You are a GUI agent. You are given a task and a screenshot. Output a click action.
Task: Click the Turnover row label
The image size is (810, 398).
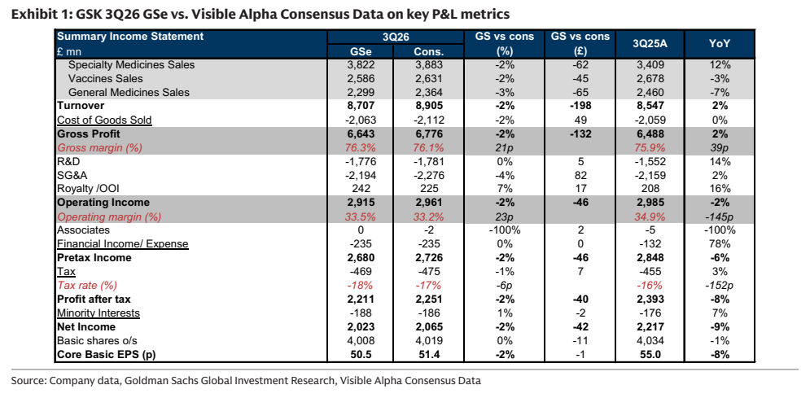click(81, 106)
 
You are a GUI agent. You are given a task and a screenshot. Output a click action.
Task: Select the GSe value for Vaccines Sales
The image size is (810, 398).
click(360, 79)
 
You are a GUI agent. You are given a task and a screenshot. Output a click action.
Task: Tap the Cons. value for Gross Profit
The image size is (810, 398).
click(428, 134)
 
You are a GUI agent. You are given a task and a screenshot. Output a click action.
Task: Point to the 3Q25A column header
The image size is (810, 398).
click(650, 44)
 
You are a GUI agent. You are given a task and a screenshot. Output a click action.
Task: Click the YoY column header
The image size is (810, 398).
click(720, 44)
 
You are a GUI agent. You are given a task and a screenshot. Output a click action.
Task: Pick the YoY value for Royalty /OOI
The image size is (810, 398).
click(720, 189)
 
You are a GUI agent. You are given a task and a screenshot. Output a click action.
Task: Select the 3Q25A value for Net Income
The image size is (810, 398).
click(650, 326)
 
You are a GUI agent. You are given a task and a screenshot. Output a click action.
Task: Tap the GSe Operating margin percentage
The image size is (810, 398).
click(360, 216)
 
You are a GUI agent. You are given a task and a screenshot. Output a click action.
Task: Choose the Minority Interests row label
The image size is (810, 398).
click(99, 313)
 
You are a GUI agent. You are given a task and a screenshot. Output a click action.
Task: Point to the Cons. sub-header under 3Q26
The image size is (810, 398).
click(428, 51)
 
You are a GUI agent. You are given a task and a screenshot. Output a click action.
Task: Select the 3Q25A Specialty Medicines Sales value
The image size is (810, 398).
click(650, 65)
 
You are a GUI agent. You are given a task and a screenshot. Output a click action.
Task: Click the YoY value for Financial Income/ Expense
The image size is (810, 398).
click(720, 244)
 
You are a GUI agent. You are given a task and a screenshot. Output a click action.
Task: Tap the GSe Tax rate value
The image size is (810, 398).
click(360, 286)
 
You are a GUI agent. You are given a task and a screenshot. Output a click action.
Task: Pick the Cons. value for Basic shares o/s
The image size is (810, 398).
click(428, 341)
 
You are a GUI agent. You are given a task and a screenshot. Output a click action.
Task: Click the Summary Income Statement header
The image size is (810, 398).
click(130, 37)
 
